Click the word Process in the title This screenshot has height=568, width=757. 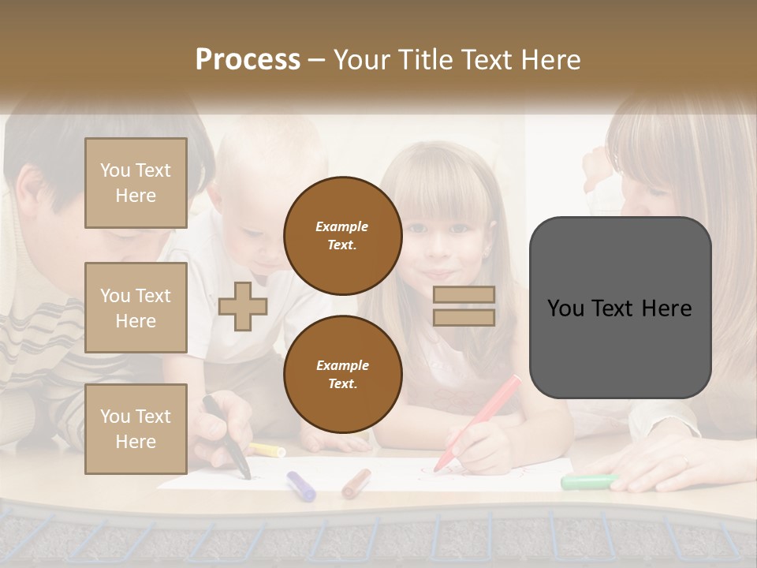[248, 60]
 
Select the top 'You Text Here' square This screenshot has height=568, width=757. [136, 183]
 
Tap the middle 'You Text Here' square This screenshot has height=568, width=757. [136, 308]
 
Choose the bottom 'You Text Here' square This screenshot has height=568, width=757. [136, 428]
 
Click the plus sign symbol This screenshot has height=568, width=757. [243, 306]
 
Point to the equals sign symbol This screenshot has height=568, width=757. [464, 306]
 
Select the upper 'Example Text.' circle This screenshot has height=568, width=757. [342, 236]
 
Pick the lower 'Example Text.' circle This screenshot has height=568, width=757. [342, 375]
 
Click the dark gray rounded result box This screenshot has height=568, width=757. [620, 308]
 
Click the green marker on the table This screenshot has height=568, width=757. [588, 481]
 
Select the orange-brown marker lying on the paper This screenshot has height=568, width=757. [356, 483]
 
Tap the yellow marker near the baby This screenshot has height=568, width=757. [267, 450]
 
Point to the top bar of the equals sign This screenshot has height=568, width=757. [464, 295]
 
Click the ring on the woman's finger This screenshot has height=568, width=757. [684, 461]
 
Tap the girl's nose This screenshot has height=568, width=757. [438, 251]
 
